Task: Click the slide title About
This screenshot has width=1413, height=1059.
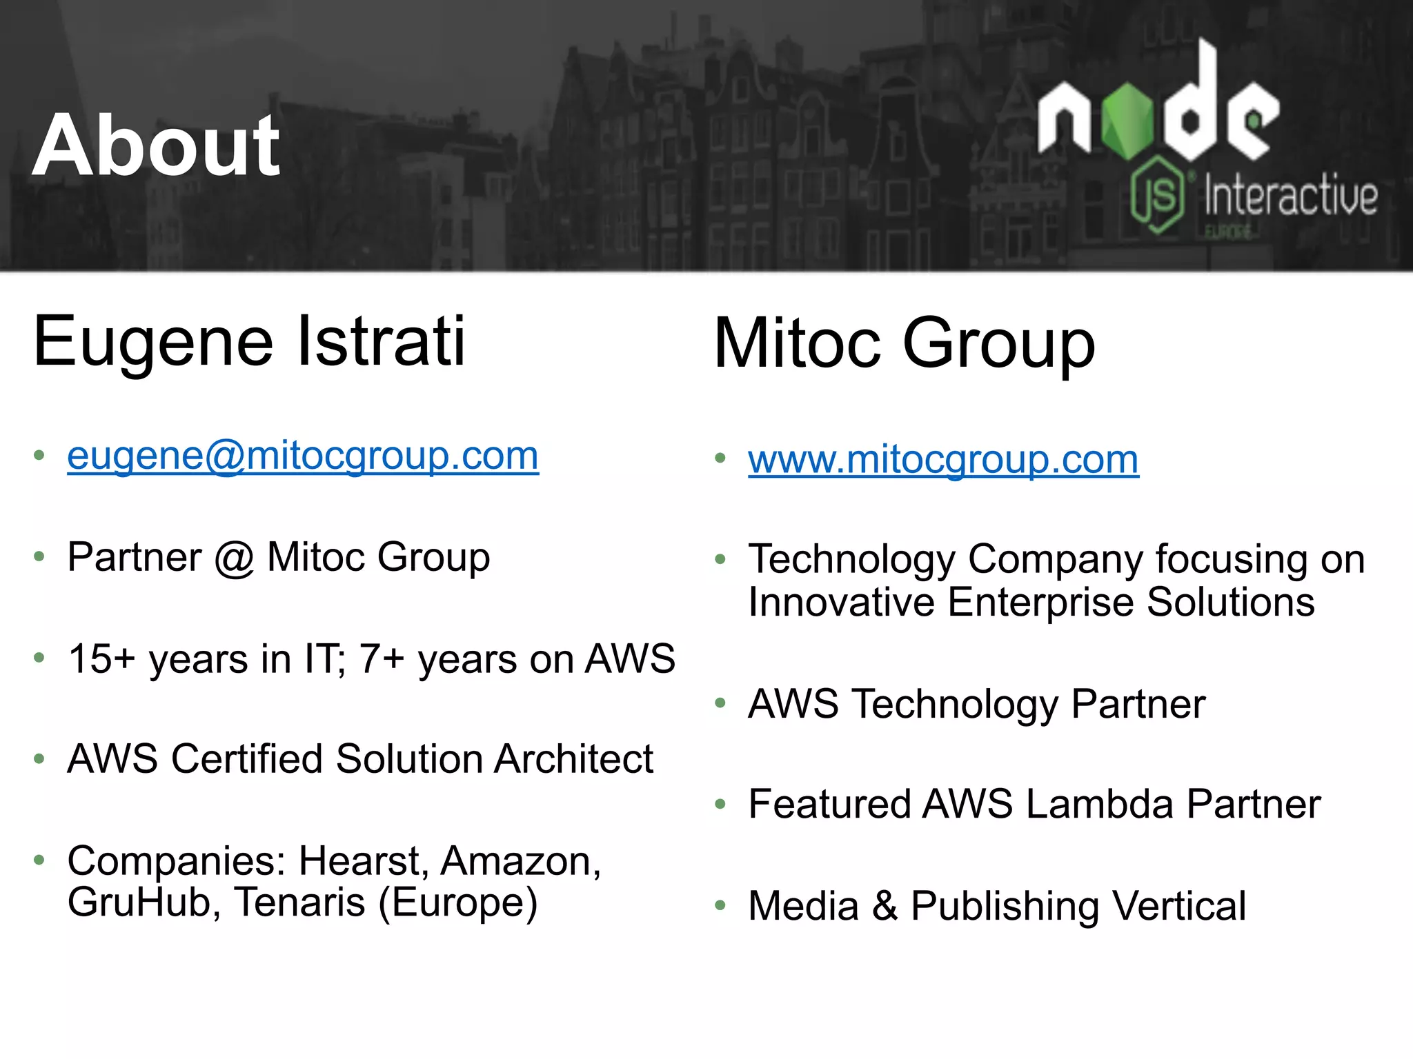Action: [x=156, y=145]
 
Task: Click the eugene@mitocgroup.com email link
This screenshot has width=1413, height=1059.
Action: [x=302, y=456]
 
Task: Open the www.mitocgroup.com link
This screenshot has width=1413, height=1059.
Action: [x=943, y=460]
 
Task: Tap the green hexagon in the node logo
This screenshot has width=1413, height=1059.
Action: [x=1127, y=121]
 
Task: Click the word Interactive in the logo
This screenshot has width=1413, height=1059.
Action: [x=1290, y=196]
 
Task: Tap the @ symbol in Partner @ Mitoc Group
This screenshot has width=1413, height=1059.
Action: [x=234, y=558]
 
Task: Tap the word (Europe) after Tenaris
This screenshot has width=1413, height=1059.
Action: [x=457, y=902]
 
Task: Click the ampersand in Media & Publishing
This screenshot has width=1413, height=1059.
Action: [x=885, y=906]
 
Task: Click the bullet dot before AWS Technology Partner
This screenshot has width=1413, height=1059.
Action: [x=721, y=703]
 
